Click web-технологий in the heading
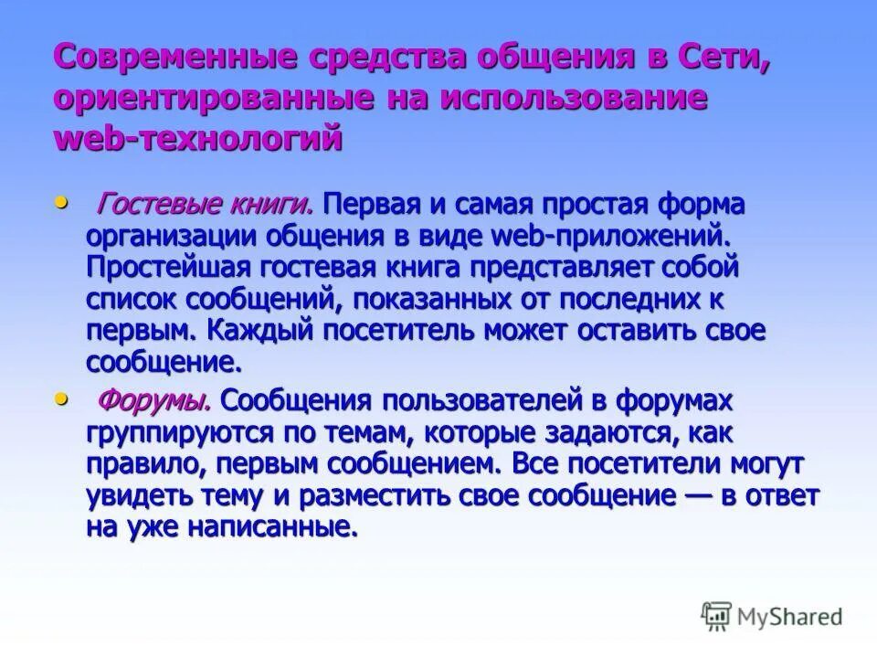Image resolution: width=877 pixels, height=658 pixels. click(198, 139)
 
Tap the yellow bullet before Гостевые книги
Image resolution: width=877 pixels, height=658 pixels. click(62, 199)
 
